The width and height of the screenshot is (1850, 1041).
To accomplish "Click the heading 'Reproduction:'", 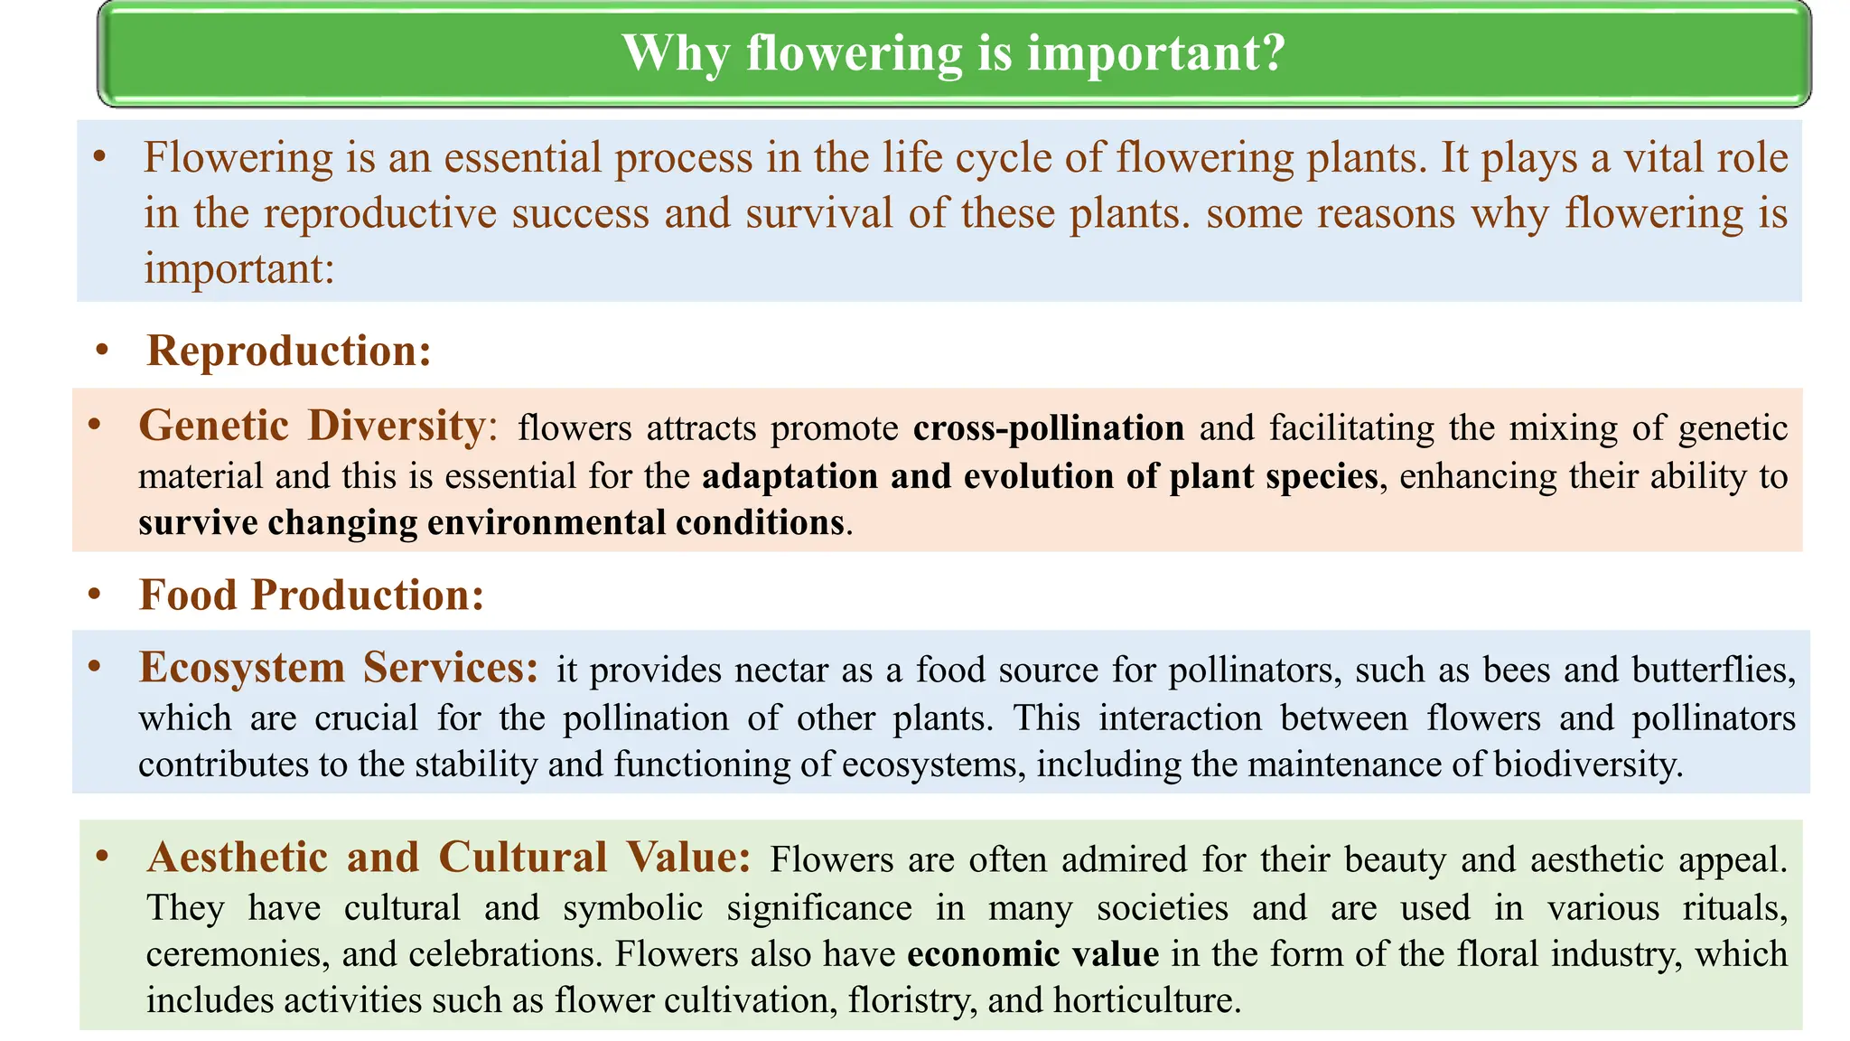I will click(289, 351).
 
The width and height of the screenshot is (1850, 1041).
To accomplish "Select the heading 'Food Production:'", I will click(312, 595).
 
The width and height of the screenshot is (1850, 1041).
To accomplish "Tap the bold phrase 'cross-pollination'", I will click(1048, 427).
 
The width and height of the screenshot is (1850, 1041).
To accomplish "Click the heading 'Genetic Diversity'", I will click(312, 426).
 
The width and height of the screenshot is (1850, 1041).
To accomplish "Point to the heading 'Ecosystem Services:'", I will click(339, 668).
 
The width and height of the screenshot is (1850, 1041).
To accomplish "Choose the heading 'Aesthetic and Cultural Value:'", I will click(448, 857).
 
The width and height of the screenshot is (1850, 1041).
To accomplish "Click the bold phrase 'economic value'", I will click(1032, 954).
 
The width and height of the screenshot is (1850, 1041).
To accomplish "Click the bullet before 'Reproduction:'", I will click(102, 349).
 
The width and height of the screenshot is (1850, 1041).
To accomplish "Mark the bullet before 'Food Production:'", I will click(95, 593).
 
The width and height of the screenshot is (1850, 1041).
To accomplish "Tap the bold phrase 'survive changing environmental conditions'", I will click(491, 523).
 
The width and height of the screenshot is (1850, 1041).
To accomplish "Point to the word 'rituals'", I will click(1733, 907).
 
